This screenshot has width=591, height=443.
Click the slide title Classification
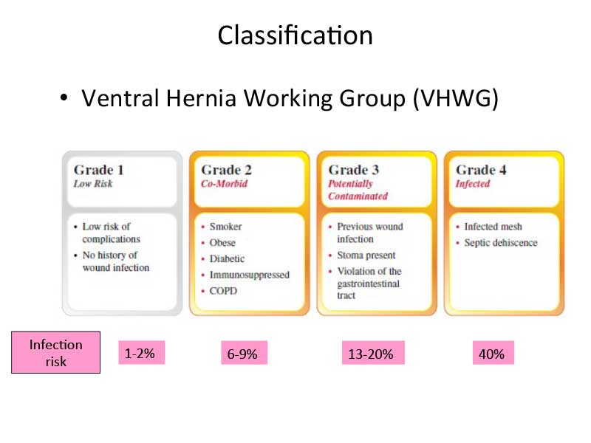click(295, 35)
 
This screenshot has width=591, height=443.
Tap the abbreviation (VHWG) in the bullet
click(456, 98)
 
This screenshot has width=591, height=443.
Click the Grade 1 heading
click(99, 170)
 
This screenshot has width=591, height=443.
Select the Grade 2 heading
click(226, 170)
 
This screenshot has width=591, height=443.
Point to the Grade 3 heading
click(354, 170)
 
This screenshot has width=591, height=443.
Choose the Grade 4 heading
click(481, 170)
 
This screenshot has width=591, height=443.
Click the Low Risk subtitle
click(93, 184)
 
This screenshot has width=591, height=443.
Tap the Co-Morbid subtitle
click(225, 184)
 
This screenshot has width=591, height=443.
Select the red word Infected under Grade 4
click(473, 184)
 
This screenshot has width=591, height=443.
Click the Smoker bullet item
click(226, 227)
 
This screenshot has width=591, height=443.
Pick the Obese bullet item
click(222, 243)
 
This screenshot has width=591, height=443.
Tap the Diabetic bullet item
click(227, 259)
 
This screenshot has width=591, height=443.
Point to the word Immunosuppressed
click(250, 275)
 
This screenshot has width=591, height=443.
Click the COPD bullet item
click(224, 291)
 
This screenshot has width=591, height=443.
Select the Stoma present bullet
click(366, 255)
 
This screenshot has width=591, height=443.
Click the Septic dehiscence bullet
click(501, 243)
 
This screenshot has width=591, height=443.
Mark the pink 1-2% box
click(142, 353)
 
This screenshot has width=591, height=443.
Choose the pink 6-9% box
click(245, 353)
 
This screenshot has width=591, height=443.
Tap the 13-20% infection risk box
click(373, 353)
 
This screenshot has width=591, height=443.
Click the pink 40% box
click(493, 353)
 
